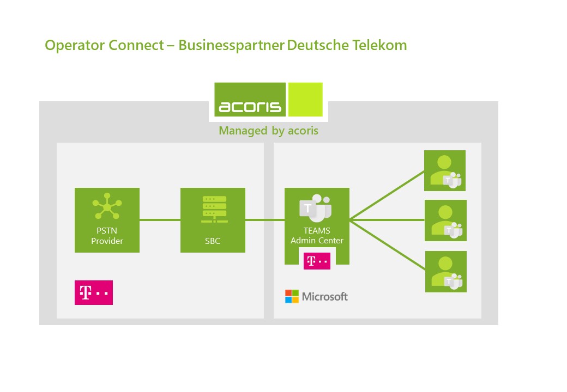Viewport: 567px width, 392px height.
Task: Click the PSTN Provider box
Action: (107, 220)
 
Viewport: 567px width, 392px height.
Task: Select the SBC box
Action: (213, 220)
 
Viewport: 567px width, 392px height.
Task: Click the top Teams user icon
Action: (445, 171)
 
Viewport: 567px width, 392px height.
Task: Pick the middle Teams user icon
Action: (445, 220)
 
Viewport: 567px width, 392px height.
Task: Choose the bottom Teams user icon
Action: (445, 272)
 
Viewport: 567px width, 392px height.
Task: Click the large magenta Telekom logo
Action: (94, 293)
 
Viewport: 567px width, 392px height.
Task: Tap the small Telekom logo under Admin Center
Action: (317, 261)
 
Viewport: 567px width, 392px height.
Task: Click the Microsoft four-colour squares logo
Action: (292, 297)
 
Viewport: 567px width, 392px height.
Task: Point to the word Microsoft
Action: (324, 297)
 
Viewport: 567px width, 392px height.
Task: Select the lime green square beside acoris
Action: (305, 99)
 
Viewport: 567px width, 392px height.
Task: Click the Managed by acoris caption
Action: (268, 131)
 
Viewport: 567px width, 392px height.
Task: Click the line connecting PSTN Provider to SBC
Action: (160, 220)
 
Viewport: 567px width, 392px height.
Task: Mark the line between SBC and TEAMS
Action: (264, 220)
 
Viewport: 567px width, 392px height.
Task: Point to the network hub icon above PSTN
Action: (107, 206)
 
